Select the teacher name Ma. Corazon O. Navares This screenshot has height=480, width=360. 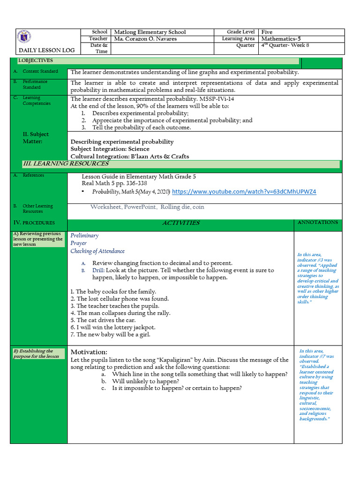pyautogui.click(x=145, y=39)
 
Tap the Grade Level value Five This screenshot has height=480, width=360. pyautogui.click(x=267, y=32)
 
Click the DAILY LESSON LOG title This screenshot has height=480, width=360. pyautogui.click(x=46, y=50)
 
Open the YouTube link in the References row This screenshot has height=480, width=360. pyautogui.click(x=244, y=192)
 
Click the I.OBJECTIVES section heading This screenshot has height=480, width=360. pyautogui.click(x=36, y=60)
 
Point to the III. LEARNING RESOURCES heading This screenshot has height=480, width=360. pyautogui.click(x=66, y=164)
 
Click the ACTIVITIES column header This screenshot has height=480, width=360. pyautogui.click(x=180, y=223)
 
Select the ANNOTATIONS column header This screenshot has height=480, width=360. pyautogui.click(x=317, y=222)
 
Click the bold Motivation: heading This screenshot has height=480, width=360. pyautogui.click(x=89, y=352)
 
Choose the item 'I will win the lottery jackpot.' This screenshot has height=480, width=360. pyautogui.click(x=112, y=327)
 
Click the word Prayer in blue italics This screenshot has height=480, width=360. pyautogui.click(x=78, y=243)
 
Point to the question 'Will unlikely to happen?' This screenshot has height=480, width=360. pyautogui.click(x=145, y=381)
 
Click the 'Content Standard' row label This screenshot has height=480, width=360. pyautogui.click(x=40, y=71)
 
